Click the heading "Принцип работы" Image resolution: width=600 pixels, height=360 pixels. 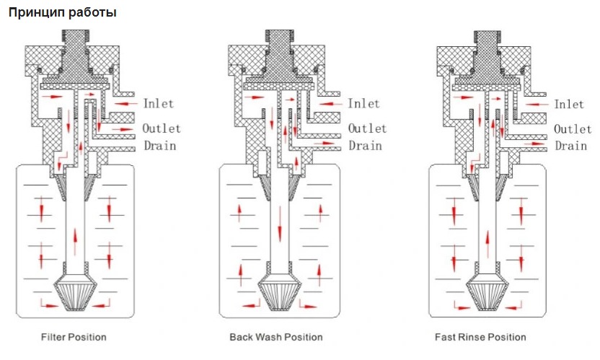[62, 13]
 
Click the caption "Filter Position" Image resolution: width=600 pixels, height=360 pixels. [74, 337]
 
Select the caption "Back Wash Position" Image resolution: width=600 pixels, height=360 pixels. [276, 337]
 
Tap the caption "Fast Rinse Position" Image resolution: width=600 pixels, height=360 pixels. [480, 337]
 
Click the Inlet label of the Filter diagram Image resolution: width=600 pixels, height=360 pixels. [159, 103]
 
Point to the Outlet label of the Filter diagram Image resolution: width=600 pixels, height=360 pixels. [162, 128]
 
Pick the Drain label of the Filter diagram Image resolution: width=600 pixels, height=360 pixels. [159, 146]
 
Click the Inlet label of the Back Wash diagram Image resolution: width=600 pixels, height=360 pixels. [363, 103]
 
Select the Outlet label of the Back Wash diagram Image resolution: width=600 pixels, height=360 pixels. [367, 128]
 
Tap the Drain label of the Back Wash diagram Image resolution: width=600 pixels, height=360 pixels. [365, 146]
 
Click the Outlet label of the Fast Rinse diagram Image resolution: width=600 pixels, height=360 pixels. [572, 128]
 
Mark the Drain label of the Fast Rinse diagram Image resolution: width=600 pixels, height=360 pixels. [570, 146]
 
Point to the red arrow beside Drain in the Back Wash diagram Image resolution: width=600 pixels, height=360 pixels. [327, 143]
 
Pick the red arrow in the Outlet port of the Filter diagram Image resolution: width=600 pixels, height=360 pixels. [123, 129]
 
